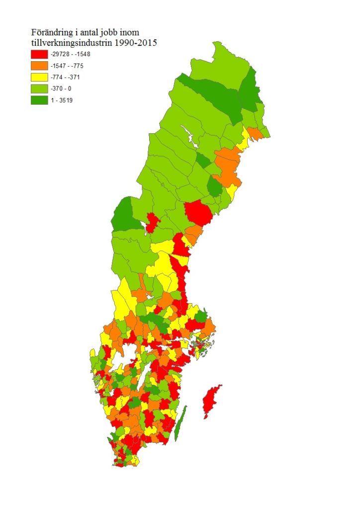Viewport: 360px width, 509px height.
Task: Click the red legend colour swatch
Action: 38,54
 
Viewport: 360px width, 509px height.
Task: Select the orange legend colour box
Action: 38,66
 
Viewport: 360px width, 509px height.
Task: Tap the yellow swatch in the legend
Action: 38,77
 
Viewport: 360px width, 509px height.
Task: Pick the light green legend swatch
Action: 38,88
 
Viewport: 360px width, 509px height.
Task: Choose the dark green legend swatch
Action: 38,100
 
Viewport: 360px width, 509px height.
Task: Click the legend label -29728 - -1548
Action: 71,54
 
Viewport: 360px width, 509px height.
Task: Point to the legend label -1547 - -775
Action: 68,66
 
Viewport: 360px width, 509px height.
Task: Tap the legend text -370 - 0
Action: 61,88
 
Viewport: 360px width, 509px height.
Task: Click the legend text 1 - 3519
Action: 62,100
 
